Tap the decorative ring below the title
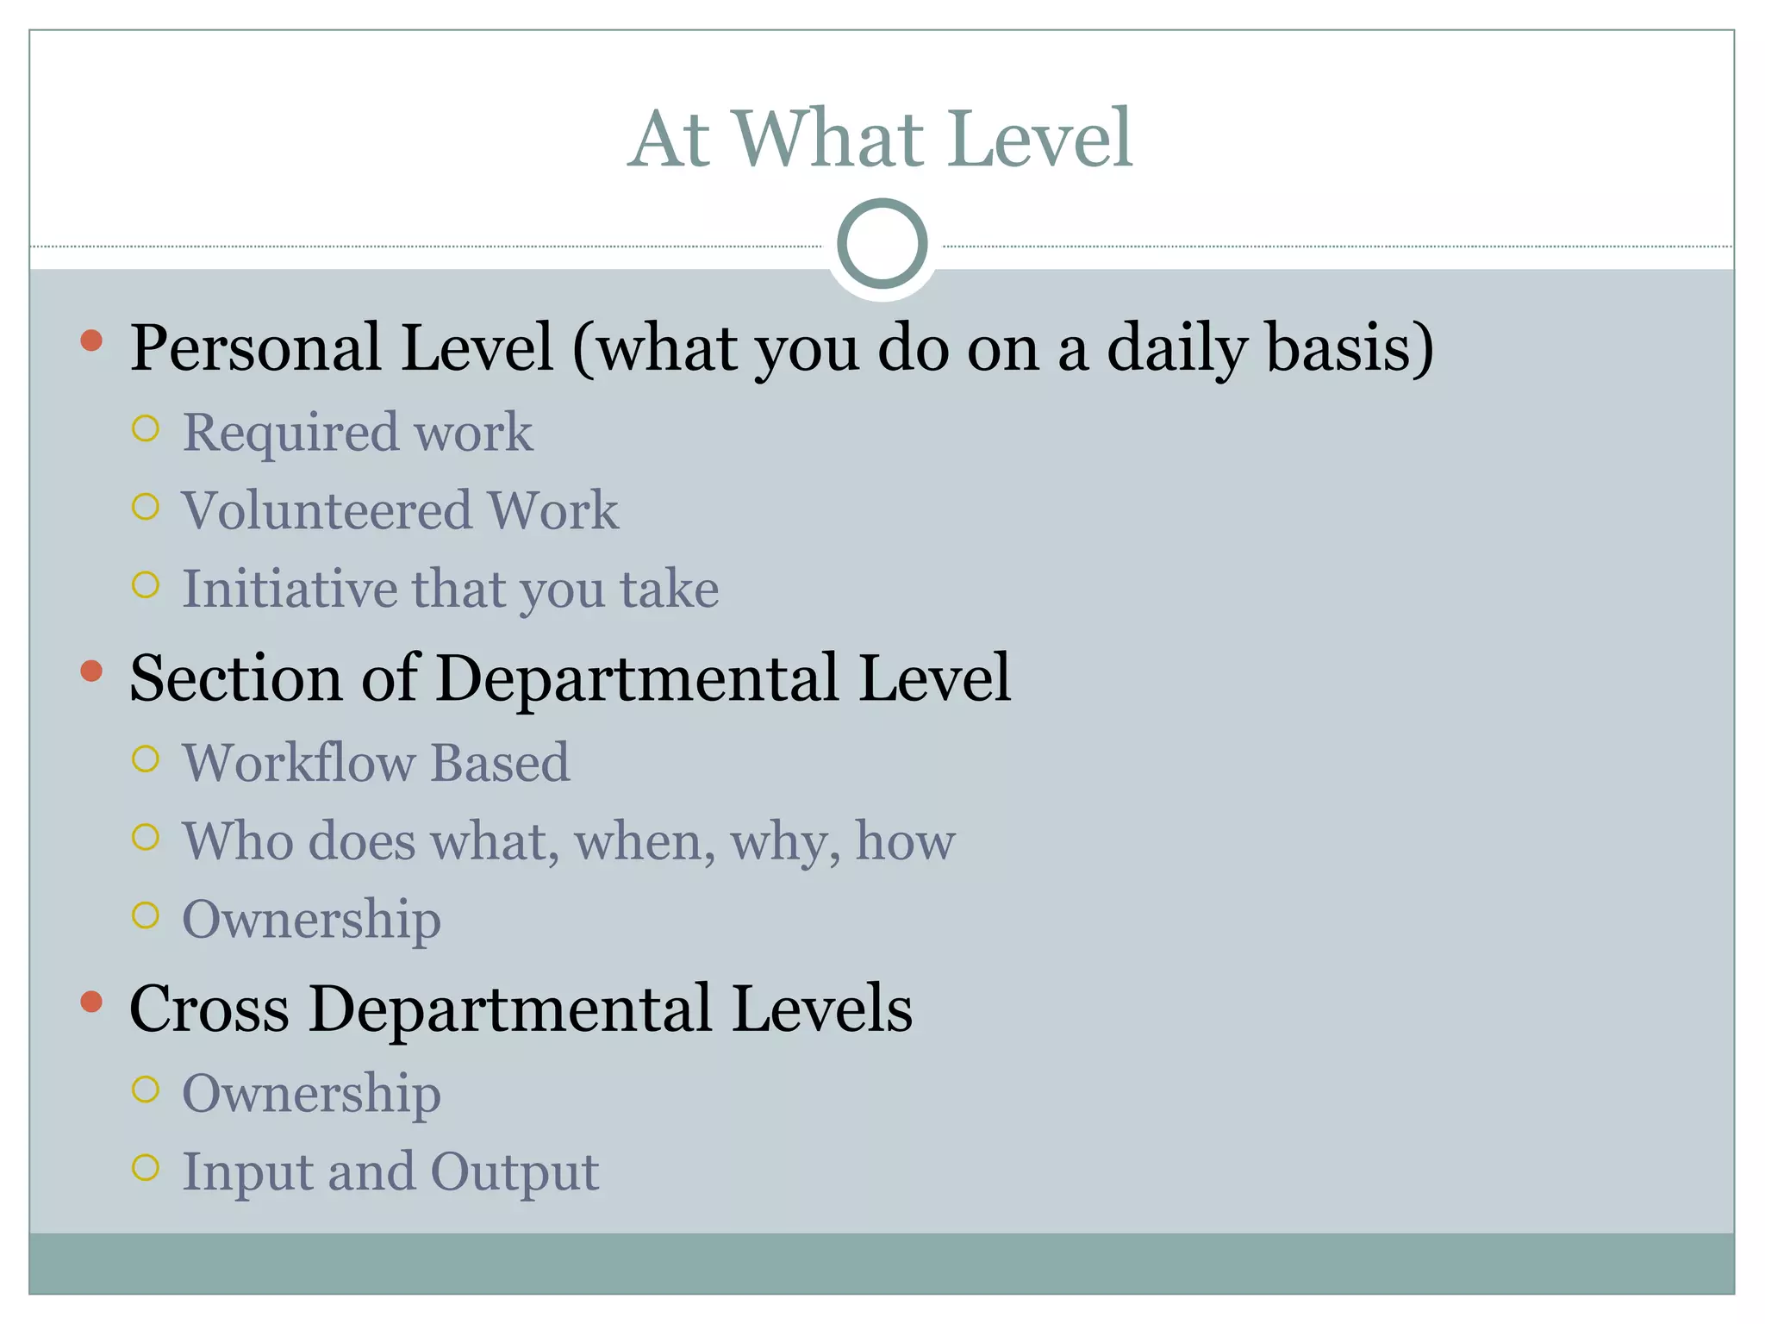[x=882, y=243]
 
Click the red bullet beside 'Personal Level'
[x=91, y=340]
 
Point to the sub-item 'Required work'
[x=357, y=432]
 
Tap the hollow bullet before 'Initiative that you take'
[x=146, y=585]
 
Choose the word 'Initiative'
[x=289, y=590]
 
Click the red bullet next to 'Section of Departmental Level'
[x=91, y=671]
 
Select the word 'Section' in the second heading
[x=235, y=678]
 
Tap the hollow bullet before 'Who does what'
[x=146, y=837]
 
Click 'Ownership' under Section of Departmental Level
[x=311, y=920]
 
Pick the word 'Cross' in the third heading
[x=209, y=1009]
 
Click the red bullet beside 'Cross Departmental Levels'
[x=91, y=1001]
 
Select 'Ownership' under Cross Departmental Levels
[x=311, y=1094]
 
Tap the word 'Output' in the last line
[x=515, y=1172]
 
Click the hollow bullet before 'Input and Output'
[x=146, y=1168]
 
